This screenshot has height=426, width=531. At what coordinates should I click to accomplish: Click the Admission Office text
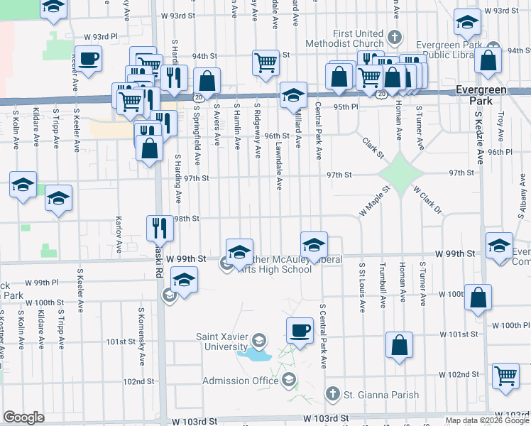click(240, 381)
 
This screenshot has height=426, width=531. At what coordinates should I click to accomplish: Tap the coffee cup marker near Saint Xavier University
click(300, 330)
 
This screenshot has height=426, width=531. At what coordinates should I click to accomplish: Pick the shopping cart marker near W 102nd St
click(505, 376)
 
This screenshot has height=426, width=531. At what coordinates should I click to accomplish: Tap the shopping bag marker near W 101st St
click(400, 345)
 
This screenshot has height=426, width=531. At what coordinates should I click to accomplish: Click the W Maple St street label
click(376, 202)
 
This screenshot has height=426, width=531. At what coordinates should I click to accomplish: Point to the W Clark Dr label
click(427, 201)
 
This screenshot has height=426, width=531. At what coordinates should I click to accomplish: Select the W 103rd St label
click(326, 420)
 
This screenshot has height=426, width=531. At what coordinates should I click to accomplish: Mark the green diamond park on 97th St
click(400, 172)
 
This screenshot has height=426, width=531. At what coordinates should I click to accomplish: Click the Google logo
click(23, 417)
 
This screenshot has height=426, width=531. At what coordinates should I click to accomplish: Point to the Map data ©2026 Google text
click(486, 420)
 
